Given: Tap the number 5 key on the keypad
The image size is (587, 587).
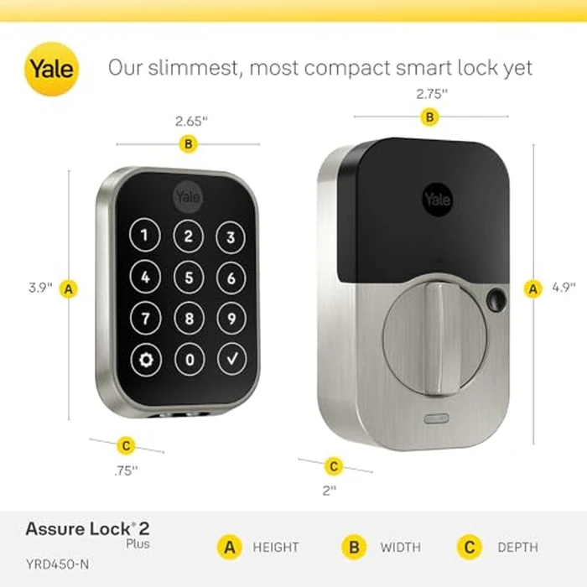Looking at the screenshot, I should click(189, 278).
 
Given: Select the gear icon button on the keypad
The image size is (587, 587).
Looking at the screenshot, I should click(148, 361).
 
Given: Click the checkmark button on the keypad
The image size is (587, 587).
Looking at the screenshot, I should click(230, 361).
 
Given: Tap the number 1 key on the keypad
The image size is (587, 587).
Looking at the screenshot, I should click(145, 236).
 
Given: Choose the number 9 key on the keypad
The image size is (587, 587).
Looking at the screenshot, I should click(231, 319).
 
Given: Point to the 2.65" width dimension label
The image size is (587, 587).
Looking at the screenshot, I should click(191, 121).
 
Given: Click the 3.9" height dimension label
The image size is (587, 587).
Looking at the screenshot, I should click(39, 288).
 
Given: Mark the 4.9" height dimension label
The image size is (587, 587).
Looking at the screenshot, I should click(564, 288).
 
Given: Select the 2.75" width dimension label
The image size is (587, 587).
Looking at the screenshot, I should click(432, 94).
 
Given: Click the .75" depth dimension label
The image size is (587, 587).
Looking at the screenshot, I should click(125, 470).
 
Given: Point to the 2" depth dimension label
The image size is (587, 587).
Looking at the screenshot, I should click(329, 488).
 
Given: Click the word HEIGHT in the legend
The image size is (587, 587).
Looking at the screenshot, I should click(276, 548).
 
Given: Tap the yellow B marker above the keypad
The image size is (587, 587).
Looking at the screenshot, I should click(189, 144).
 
